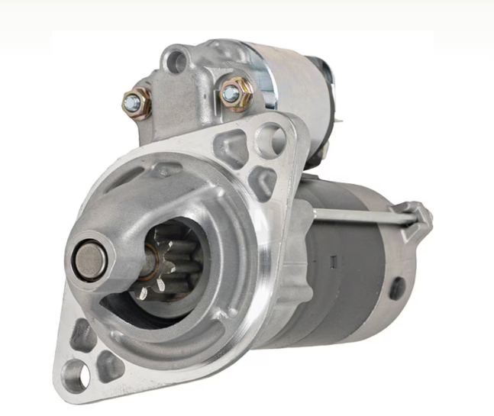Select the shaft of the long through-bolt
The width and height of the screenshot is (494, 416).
pyautogui.click(x=359, y=217)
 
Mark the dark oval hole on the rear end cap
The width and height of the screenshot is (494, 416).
pyautogui.click(x=397, y=288)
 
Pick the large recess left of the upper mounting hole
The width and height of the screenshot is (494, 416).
pyautogui.click(x=231, y=147)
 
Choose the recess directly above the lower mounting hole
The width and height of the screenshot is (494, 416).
pyautogui.click(x=82, y=337)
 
